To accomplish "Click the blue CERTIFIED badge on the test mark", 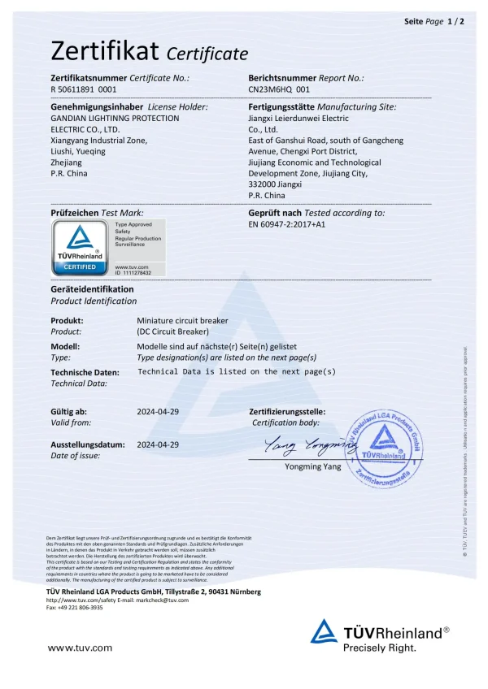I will click(x=81, y=266).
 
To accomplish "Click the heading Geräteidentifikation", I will click(x=92, y=289).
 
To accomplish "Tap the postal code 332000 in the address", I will click(x=264, y=184).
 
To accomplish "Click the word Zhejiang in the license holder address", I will click(x=68, y=162).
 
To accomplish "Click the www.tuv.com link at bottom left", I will click(x=80, y=648).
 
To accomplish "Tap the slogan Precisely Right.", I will click(x=379, y=648).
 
